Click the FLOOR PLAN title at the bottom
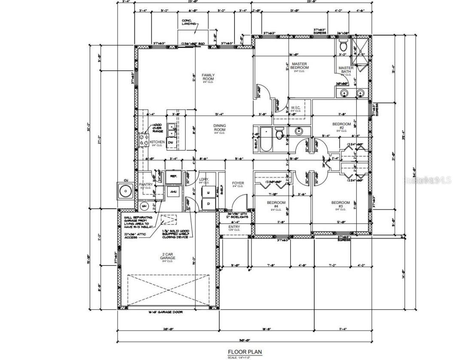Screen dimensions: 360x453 244,352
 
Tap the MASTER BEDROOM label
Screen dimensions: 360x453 299,66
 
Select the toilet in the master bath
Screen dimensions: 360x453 344,46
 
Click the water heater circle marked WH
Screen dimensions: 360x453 144,206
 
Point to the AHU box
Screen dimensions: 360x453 161,192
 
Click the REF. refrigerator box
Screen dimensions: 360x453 173,176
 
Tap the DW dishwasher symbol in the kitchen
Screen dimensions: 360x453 170,142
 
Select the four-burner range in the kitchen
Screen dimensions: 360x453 143,139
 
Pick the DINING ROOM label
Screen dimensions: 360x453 220,128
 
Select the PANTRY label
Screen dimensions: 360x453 146,185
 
